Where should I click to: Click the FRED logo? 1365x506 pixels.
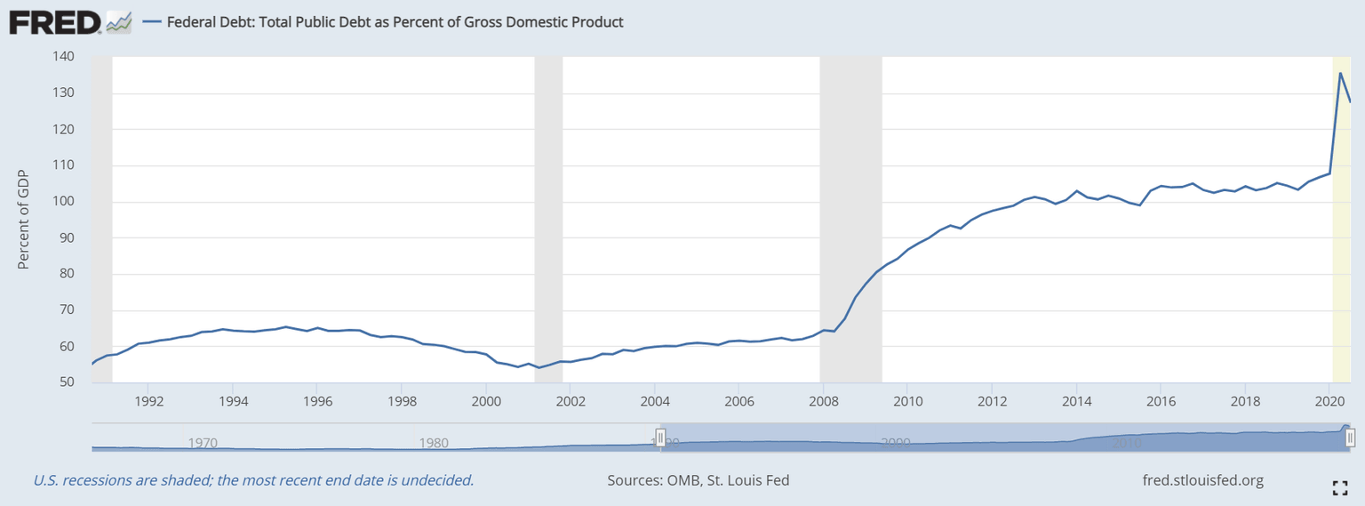point(55,21)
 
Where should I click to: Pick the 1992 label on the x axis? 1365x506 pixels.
point(148,400)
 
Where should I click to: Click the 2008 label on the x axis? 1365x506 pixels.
point(823,400)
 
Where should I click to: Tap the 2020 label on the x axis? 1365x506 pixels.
point(1329,400)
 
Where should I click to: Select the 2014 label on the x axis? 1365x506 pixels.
point(1076,400)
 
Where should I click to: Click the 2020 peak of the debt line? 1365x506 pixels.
point(1340,73)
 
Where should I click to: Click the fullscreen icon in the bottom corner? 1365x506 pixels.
point(1340,486)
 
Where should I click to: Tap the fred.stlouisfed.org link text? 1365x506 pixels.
point(1202,480)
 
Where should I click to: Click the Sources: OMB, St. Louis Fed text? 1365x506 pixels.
point(698,480)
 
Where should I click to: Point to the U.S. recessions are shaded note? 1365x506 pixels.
point(253,480)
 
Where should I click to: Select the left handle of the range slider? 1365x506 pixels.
point(660,438)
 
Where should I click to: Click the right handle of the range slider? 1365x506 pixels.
point(1350,438)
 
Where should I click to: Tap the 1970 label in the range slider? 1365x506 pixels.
point(203,442)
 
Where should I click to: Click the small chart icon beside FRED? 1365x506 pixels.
point(119,22)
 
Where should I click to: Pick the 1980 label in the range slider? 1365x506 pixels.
point(433,442)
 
